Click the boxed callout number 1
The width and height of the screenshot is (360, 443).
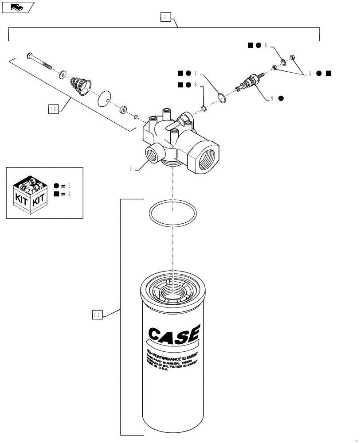pos(164,17)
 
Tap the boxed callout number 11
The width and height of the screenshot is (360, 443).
pos(97,315)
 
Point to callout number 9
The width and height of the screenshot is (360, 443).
pos(272,98)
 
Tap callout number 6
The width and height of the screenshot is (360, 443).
pos(266,45)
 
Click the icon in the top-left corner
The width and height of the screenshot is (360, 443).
pos(18,7)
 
